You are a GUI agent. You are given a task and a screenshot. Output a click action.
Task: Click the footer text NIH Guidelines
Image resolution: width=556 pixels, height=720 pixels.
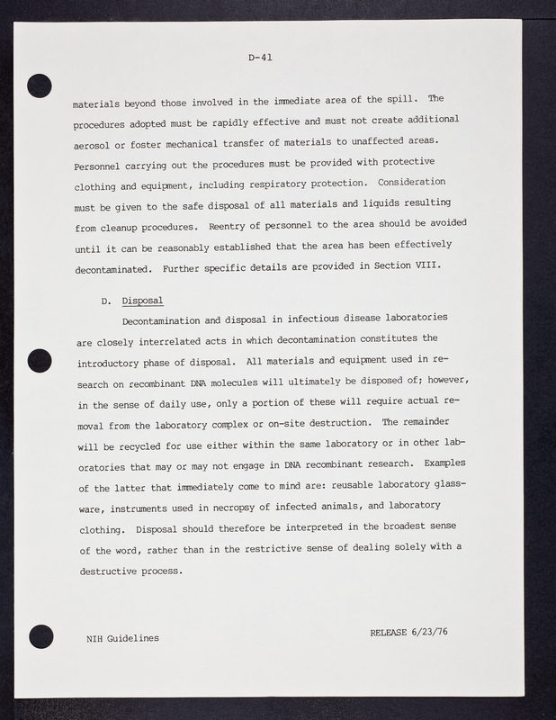(117, 637)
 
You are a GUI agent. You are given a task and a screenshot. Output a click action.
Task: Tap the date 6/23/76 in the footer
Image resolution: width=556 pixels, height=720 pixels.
(429, 632)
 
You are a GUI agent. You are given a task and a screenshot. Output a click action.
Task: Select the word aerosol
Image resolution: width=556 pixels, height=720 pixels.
(94, 143)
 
